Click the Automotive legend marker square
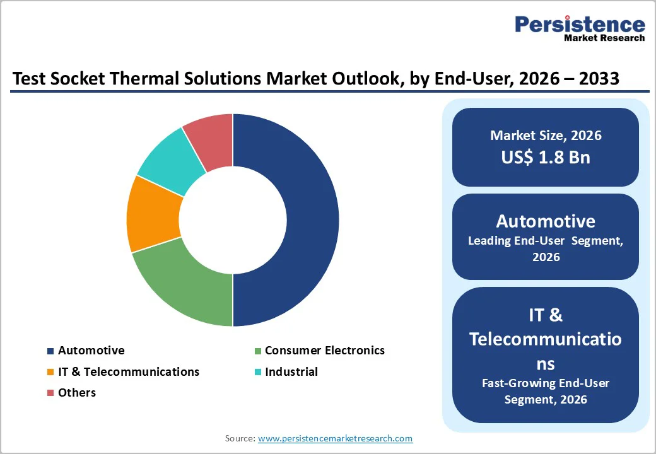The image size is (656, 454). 50,351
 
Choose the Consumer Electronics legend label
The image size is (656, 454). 324,351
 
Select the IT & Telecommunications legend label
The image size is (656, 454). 129,372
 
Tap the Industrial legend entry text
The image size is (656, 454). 291,372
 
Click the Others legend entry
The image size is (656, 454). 76,393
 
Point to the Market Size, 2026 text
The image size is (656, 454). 546,135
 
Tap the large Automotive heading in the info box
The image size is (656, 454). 546,221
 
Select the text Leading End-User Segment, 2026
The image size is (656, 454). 546,248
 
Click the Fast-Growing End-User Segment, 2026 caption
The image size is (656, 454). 546,391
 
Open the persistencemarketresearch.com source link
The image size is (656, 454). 335,438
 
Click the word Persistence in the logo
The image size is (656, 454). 580,25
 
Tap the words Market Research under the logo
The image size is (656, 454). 604,38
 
